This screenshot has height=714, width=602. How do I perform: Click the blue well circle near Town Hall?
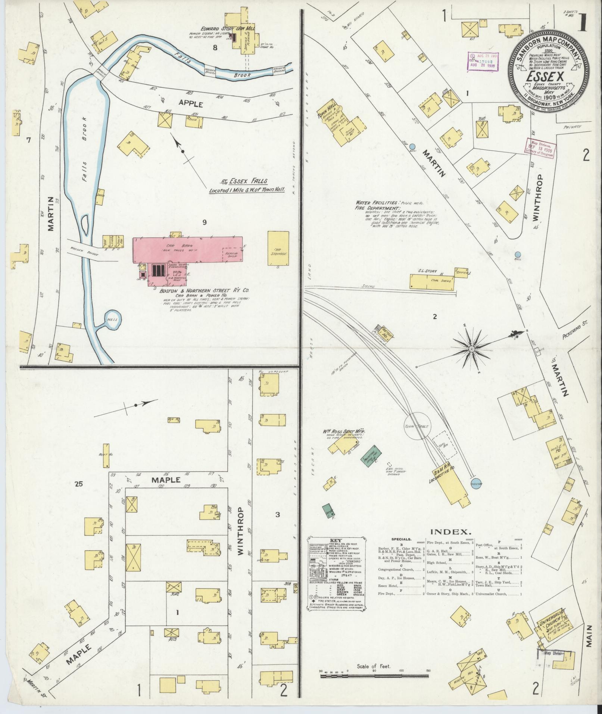coord(412,147)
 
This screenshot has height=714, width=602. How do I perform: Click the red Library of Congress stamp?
coord(540,148)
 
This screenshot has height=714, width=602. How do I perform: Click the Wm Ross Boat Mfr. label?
coord(344,431)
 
